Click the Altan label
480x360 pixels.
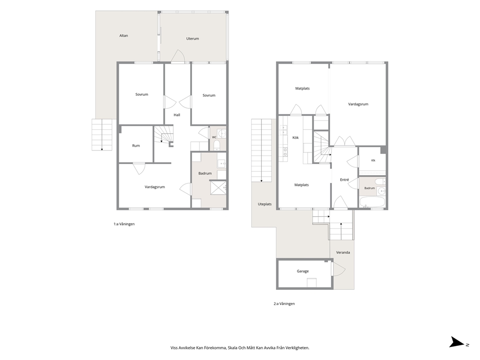click(x=124, y=35)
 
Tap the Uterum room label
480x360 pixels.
click(x=193, y=39)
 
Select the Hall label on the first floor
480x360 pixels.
click(x=177, y=115)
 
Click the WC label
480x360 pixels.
click(x=214, y=137)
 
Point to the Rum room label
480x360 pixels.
click(x=136, y=146)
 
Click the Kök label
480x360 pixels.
click(x=296, y=138)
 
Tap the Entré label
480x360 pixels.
click(x=345, y=180)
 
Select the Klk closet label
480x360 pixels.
click(x=373, y=161)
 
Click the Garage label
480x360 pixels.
click(x=303, y=271)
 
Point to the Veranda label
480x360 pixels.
click(x=343, y=253)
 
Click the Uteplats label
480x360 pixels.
click(x=265, y=204)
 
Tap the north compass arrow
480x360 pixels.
click(x=457, y=342)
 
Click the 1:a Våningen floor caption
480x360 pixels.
click(x=124, y=224)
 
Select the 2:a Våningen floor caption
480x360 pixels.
click(x=284, y=304)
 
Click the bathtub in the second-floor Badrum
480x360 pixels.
click(x=372, y=202)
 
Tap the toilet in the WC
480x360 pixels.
click(x=217, y=145)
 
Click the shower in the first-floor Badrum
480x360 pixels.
click(x=218, y=188)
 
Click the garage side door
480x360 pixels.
click(x=339, y=270)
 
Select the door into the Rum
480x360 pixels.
click(x=139, y=169)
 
